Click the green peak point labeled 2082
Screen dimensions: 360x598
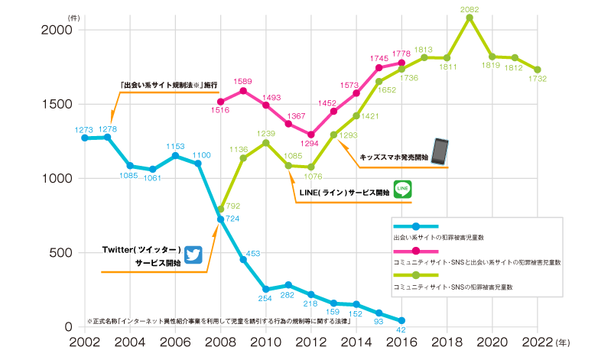pyautogui.click(x=470, y=18)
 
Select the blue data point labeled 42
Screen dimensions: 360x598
pyautogui.click(x=401, y=320)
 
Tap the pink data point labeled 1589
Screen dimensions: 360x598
pyautogui.click(x=242, y=91)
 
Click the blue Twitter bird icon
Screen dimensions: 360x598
pyautogui.click(x=193, y=255)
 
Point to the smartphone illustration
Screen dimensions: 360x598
pyautogui.click(x=440, y=151)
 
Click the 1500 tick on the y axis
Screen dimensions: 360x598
pyautogui.click(x=56, y=104)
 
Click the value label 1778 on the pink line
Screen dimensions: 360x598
pyautogui.click(x=401, y=52)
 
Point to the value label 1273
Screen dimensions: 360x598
pyautogui.click(x=84, y=129)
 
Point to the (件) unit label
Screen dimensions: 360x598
pyautogui.click(x=73, y=16)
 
